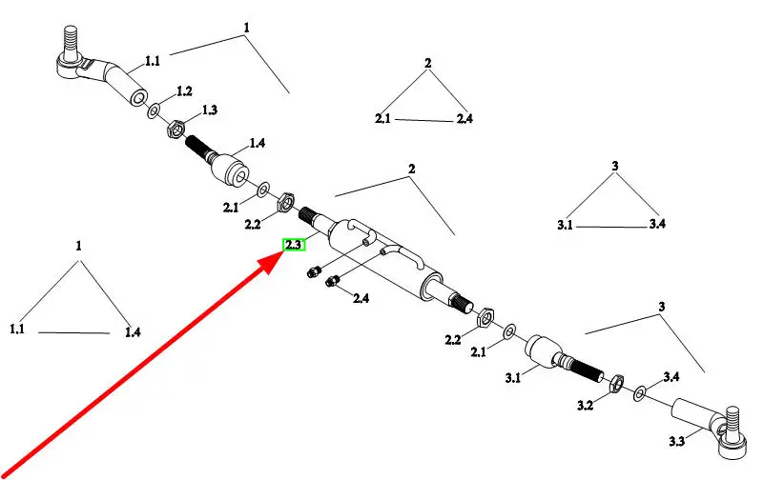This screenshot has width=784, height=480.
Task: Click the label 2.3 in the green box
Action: point(293,245)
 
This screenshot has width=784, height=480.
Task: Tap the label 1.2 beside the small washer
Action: point(184,91)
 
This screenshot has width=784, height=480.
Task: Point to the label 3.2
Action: point(586,406)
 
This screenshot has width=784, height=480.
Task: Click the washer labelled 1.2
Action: point(155,111)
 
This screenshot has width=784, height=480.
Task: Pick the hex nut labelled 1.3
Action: point(175,128)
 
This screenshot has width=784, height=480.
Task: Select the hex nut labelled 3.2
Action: point(616,383)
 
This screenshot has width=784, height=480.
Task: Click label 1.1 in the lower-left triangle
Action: point(18,330)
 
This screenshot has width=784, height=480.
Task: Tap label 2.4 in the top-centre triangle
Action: point(464,118)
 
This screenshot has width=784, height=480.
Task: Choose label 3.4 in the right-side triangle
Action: point(657,224)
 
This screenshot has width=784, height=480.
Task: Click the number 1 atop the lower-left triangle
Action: point(79,246)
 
